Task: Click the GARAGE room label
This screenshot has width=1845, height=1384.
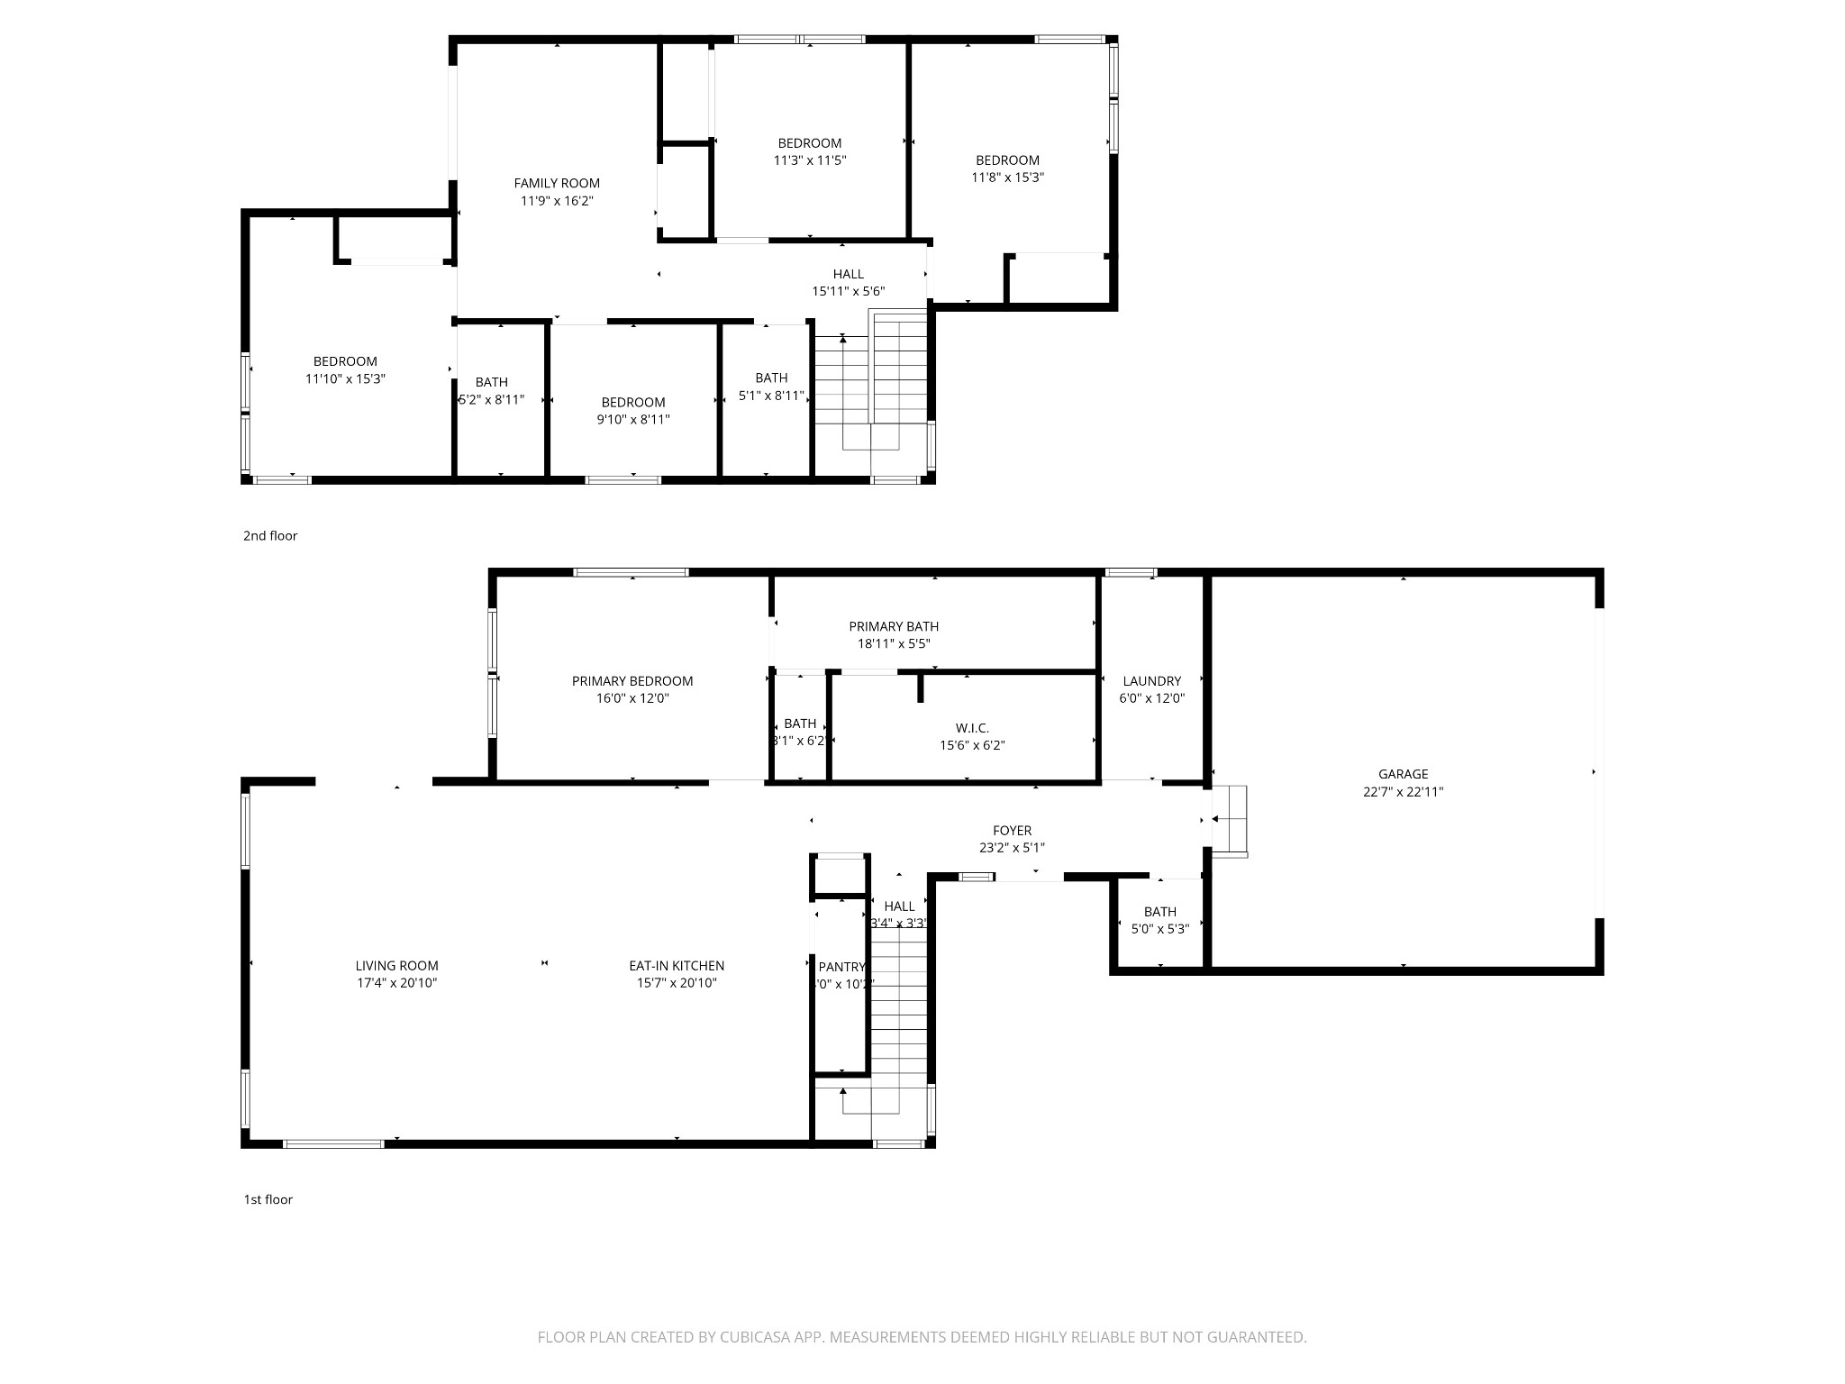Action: click(1403, 774)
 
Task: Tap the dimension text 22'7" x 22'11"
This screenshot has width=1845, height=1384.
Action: click(1403, 792)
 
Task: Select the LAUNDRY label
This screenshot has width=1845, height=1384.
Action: click(1151, 681)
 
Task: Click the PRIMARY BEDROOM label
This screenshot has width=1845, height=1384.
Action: click(632, 681)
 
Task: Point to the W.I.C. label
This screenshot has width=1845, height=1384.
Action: click(972, 728)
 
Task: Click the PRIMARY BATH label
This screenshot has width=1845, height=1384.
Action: click(894, 626)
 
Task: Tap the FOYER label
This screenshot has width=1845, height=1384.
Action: click(1012, 831)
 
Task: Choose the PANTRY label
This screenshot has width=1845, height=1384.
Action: click(841, 967)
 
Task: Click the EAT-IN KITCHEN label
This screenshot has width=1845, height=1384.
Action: click(677, 966)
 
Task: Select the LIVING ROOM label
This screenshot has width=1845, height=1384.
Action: click(396, 966)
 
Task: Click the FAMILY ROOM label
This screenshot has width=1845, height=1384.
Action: click(557, 183)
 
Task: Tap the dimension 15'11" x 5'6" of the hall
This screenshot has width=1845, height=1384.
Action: click(848, 291)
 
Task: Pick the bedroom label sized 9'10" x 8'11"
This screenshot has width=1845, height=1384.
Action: click(633, 403)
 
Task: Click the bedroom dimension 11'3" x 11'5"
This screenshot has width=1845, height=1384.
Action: click(809, 160)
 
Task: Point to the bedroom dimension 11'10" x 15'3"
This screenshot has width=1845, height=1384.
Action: click(345, 379)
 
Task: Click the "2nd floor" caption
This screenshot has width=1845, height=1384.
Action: click(269, 535)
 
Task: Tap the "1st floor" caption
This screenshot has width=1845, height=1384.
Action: click(268, 1199)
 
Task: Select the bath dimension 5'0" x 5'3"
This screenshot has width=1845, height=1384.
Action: click(1159, 929)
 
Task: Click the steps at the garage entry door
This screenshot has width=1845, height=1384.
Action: click(1230, 820)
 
